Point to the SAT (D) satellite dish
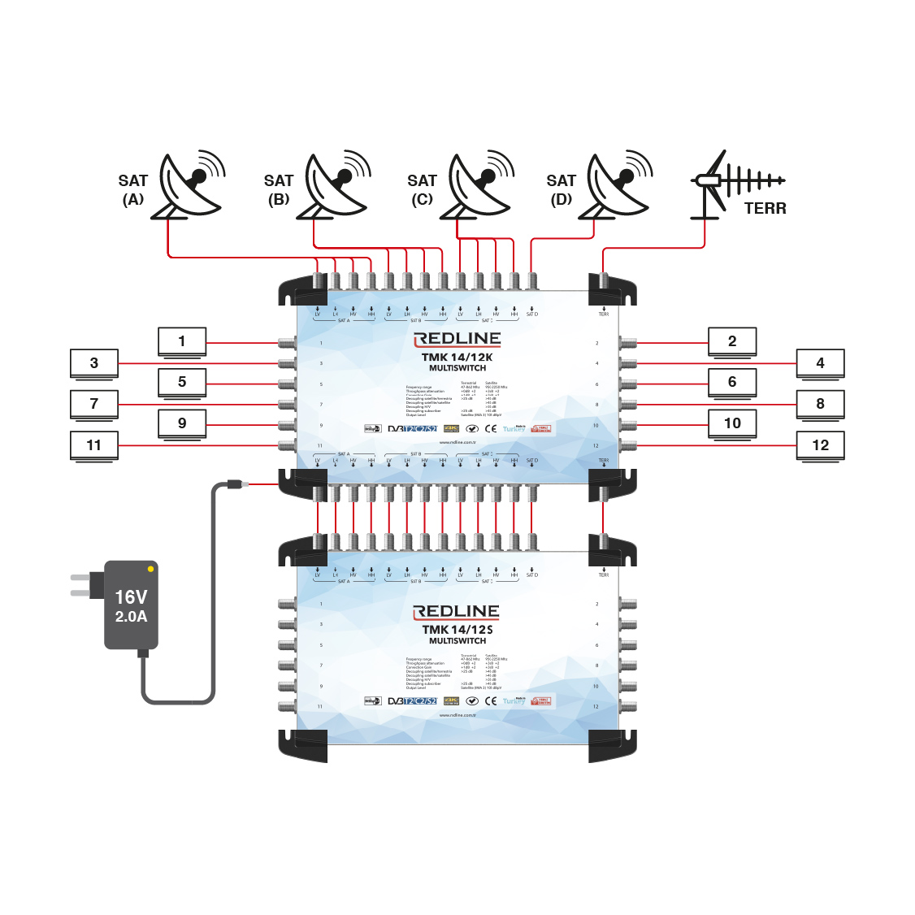tap(618, 186)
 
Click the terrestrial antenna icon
tap(727, 184)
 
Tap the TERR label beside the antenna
tap(765, 209)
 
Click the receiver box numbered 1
tap(182, 342)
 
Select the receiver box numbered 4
tap(820, 364)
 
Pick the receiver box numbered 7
tap(94, 405)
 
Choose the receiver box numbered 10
tap(732, 423)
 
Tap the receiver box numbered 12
tap(820, 446)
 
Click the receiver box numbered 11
tap(94, 446)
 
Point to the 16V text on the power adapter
tap(131, 597)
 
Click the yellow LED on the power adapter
tap(150, 569)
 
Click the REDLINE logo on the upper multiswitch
tap(457, 339)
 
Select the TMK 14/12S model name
tap(457, 630)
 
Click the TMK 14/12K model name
tap(457, 358)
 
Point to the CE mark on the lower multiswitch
tap(491, 700)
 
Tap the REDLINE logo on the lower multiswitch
tap(457, 612)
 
